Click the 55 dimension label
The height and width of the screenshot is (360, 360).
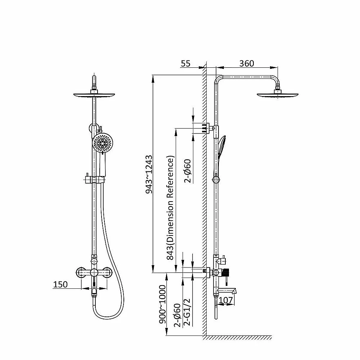(x=185, y=63)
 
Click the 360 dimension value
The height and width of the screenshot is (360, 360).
(x=247, y=63)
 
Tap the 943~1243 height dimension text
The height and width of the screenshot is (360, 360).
(x=149, y=174)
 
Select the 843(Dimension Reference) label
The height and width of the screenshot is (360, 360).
(x=170, y=208)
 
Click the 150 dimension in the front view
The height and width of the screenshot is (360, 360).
(x=60, y=284)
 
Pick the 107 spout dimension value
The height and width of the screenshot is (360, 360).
(x=226, y=300)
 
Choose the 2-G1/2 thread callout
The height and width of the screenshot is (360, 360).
(x=187, y=312)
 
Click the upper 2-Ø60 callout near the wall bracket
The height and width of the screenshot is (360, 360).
(x=187, y=171)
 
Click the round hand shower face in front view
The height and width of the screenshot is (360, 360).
(x=103, y=143)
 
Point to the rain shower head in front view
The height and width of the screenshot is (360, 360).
(x=94, y=95)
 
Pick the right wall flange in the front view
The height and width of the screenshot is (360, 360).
(x=107, y=273)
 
